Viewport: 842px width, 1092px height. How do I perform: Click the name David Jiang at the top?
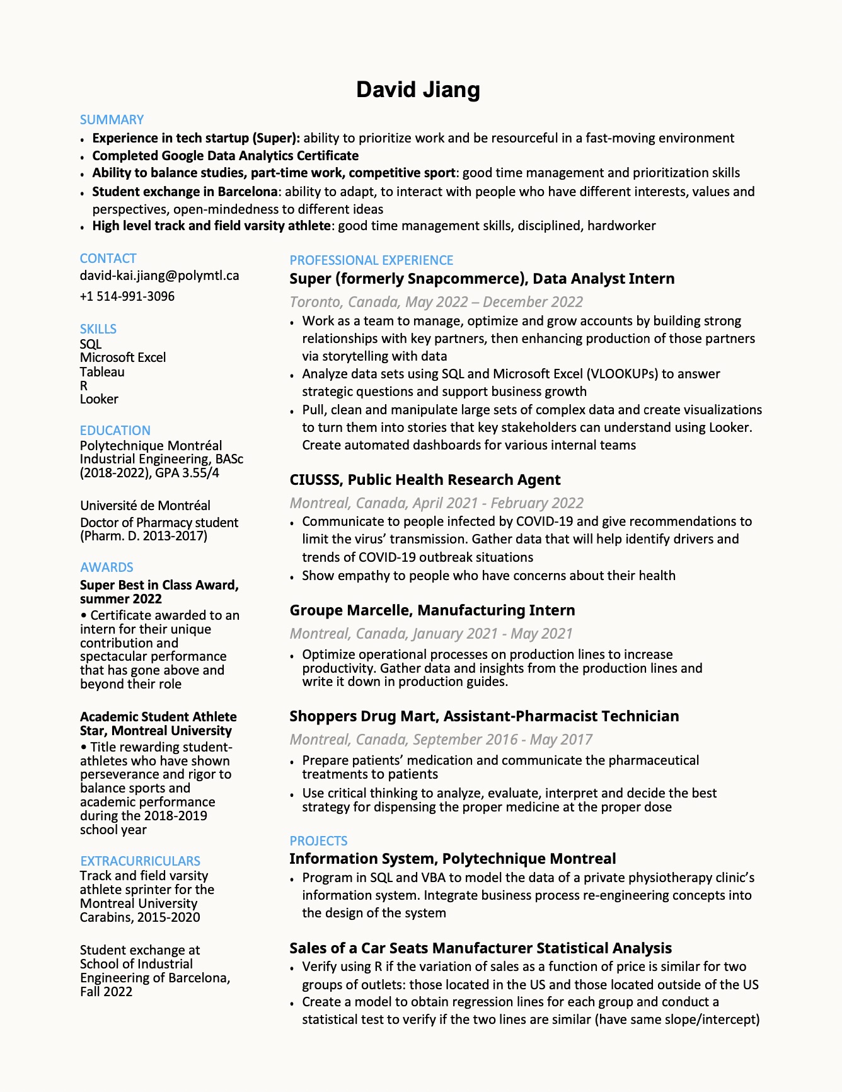click(418, 90)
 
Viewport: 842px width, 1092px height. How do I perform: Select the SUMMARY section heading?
click(112, 120)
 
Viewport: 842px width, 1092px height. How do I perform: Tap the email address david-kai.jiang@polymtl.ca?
click(159, 276)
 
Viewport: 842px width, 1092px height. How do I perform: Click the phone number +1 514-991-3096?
click(127, 296)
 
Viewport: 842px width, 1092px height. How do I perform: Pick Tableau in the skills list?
click(102, 372)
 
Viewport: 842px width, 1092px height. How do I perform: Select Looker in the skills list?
click(99, 399)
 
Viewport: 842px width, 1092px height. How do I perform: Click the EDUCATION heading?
click(115, 431)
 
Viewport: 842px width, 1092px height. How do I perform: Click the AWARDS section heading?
click(107, 567)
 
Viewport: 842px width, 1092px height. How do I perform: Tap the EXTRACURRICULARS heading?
click(140, 861)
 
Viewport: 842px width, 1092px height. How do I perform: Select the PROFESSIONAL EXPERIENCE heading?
click(371, 260)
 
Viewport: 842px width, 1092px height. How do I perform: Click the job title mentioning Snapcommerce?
click(482, 279)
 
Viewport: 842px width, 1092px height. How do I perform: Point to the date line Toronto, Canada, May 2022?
click(436, 302)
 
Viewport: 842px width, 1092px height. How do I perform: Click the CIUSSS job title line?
click(425, 480)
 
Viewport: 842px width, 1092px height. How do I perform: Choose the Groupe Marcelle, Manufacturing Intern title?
click(432, 610)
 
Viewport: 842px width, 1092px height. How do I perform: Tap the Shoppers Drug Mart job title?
click(484, 716)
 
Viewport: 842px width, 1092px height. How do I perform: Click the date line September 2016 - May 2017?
click(441, 740)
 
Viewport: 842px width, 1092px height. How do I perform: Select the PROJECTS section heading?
click(318, 841)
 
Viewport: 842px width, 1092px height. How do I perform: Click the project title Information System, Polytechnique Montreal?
click(453, 859)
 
